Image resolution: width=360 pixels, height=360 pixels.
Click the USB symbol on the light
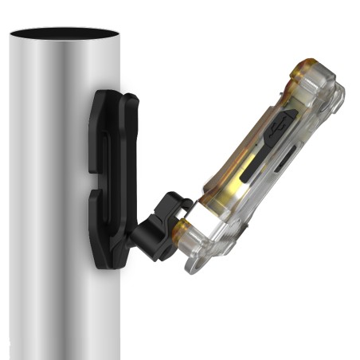[x=281, y=128]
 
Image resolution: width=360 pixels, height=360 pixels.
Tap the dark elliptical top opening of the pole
[x=63, y=34]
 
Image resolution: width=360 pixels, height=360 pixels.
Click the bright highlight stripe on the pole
[x=32, y=199]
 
